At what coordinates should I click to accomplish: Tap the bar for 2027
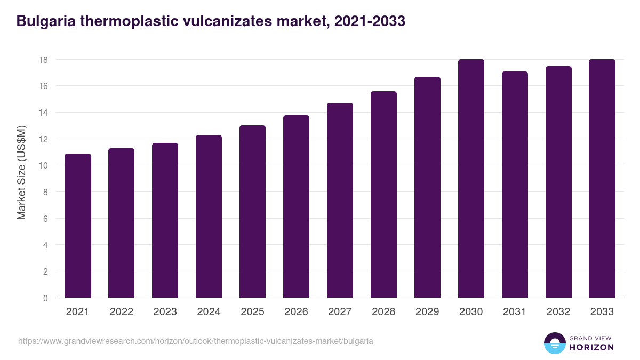(x=340, y=201)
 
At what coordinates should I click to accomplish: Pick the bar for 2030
(x=471, y=179)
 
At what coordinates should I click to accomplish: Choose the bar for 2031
(x=515, y=185)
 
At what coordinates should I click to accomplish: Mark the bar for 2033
(x=602, y=179)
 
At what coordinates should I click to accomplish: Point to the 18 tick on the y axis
(x=43, y=60)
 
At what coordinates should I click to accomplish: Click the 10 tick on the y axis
(x=43, y=166)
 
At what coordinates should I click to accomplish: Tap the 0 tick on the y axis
(x=45, y=298)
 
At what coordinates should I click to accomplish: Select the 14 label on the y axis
(x=43, y=113)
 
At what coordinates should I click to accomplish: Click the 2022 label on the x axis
(x=122, y=312)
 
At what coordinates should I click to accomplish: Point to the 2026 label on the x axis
(x=296, y=312)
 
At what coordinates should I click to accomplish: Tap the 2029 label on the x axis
(x=427, y=312)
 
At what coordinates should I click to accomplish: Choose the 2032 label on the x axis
(x=558, y=312)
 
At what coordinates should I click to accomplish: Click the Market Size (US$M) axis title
(x=22, y=172)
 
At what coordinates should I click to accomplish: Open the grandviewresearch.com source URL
(x=196, y=341)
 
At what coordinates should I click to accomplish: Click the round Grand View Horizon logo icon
(x=555, y=343)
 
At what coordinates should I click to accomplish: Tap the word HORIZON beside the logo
(x=591, y=347)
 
